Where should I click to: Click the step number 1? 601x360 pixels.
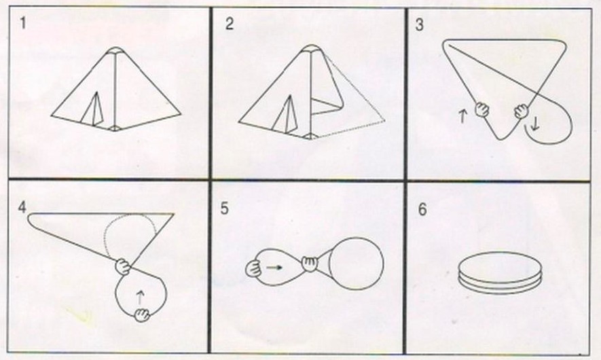(x=23, y=23)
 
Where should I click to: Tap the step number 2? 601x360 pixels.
(x=230, y=24)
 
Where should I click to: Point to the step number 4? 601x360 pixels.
(x=22, y=207)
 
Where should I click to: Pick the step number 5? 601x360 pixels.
(x=224, y=209)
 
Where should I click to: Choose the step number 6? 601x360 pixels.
(x=422, y=210)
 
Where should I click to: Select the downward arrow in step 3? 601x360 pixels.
(x=535, y=124)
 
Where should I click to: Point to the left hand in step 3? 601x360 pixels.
(x=482, y=109)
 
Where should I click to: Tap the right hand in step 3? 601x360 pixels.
(x=522, y=111)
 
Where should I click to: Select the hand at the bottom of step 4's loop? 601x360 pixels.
(x=142, y=314)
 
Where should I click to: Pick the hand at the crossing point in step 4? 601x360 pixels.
(x=123, y=266)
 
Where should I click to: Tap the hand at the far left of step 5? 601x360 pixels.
(x=253, y=268)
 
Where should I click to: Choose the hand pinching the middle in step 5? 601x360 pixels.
(x=310, y=264)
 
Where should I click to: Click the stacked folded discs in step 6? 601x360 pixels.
(x=500, y=272)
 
